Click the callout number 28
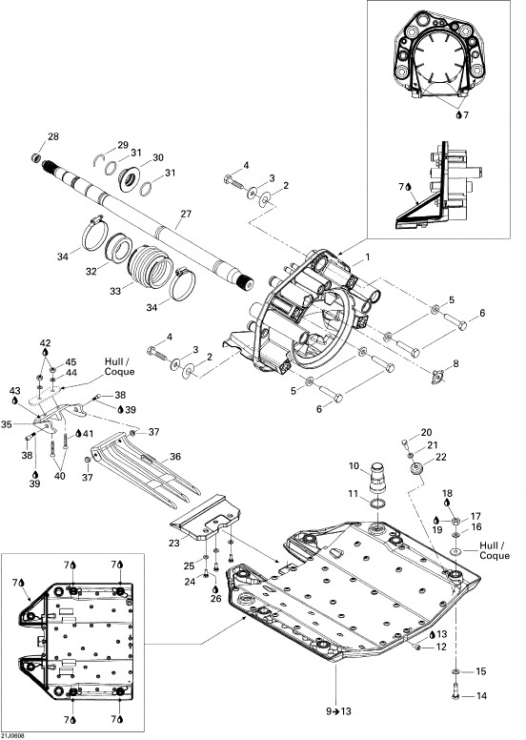pos(53,137)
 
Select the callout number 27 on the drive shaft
pos(187,214)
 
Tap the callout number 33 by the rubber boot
pos(115,291)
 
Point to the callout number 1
pos(368,257)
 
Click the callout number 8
pos(455,364)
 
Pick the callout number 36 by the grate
pos(175,457)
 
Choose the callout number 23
pos(174,544)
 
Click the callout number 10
pos(354,466)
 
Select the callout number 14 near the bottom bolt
pos(481,695)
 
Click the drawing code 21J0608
pos(12,736)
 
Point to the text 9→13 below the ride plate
pos(338,711)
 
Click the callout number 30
pos(158,157)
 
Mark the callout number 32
pos(91,272)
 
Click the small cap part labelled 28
pos(35,156)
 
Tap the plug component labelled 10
pos(377,478)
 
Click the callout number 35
pos(7,424)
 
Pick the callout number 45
pos(71,362)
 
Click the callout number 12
pos(441,647)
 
